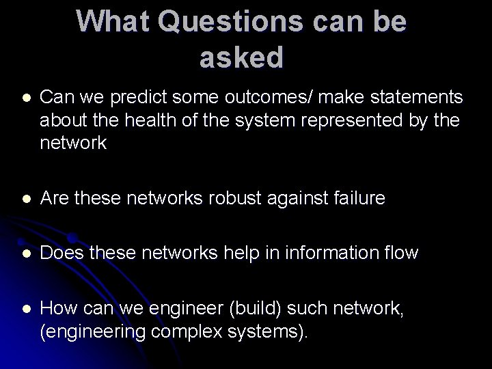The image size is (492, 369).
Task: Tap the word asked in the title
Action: pos(241,58)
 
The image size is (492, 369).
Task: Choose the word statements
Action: pos(409,98)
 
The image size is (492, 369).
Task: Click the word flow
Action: pos(401,253)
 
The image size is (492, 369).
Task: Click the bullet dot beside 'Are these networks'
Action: pos(26,199)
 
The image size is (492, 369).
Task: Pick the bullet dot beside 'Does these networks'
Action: pos(26,254)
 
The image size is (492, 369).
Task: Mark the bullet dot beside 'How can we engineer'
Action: pos(26,310)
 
